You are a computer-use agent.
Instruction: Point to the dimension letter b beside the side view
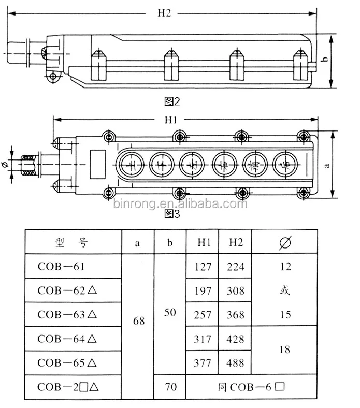point(325,60)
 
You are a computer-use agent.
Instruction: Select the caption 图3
point(171,213)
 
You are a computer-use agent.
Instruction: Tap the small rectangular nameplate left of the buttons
point(97,157)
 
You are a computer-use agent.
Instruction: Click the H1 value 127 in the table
point(203,267)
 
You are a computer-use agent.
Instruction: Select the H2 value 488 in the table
point(235,363)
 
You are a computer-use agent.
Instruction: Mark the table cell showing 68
point(139,321)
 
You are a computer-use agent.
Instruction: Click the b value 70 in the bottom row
point(170,386)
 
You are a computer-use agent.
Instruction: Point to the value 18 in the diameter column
point(284,349)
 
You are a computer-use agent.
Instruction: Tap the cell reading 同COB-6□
point(251,386)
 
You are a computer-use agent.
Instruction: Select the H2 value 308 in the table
point(235,290)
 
